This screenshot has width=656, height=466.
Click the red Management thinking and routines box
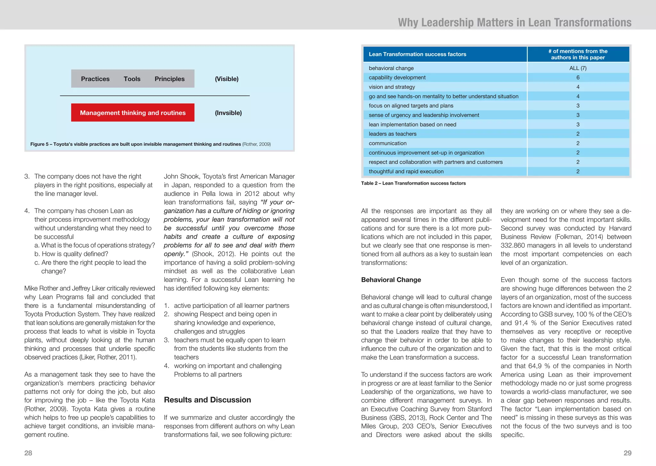tap(133, 113)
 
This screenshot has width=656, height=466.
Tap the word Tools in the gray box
tap(132, 79)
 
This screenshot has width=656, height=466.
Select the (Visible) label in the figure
tap(226, 79)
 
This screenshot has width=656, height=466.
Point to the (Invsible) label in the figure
tap(228, 113)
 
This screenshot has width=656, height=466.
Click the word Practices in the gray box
tap(95, 79)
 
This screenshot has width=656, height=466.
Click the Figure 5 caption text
tap(150, 144)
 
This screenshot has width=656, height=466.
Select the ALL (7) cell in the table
tap(578, 68)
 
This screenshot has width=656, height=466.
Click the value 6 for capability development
tap(578, 78)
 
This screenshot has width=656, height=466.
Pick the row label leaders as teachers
tap(392, 134)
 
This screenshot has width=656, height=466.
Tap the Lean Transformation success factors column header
tap(417, 54)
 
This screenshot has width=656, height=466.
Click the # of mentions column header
tap(578, 54)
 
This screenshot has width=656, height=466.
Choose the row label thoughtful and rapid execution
tap(406, 172)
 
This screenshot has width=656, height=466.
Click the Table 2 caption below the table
tap(413, 183)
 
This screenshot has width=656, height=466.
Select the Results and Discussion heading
tap(207, 400)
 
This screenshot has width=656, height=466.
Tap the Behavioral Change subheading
tap(391, 280)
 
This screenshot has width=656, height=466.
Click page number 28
tap(28, 453)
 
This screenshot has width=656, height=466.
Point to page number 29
tap(627, 453)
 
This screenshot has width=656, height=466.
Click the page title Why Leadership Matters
tap(514, 22)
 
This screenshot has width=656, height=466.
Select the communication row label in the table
tap(388, 143)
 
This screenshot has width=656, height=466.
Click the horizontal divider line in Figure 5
tap(155, 96)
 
